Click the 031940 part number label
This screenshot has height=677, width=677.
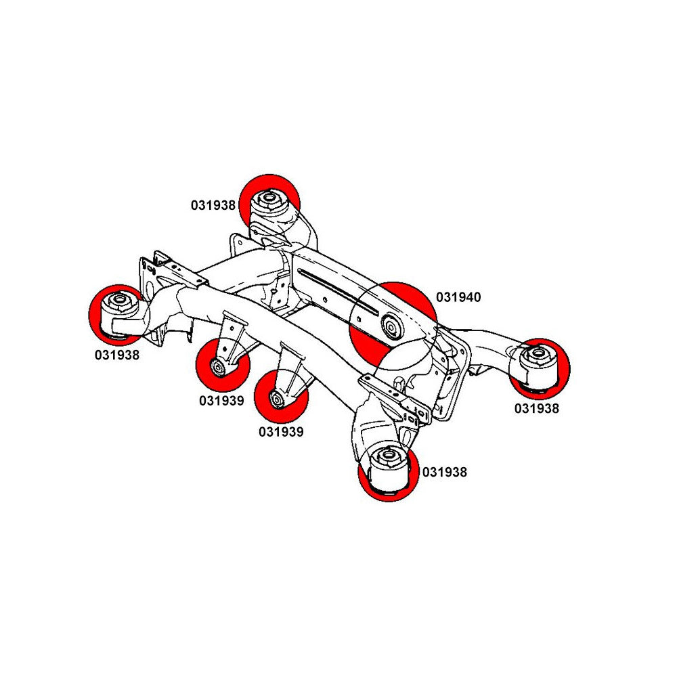click(x=458, y=297)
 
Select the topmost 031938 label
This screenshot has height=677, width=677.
click(x=213, y=205)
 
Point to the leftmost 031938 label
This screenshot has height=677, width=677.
click(x=117, y=353)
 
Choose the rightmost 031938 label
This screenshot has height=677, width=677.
click(x=537, y=408)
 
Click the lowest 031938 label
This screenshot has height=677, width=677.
click(x=445, y=472)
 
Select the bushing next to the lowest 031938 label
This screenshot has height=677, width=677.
click(x=388, y=467)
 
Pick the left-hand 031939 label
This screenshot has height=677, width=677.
click(x=221, y=400)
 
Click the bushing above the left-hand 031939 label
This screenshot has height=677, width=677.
click(x=219, y=367)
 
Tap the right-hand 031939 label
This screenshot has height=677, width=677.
click(x=280, y=431)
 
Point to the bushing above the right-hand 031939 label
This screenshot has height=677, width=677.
click(x=277, y=398)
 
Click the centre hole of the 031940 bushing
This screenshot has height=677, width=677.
click(x=391, y=328)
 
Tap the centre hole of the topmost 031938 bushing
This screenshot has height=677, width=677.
click(x=268, y=198)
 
